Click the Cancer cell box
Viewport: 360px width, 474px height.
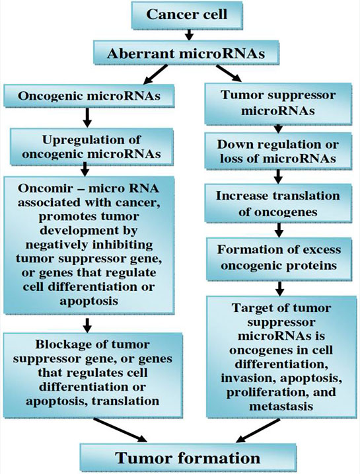point(187,15)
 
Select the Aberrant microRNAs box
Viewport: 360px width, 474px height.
point(186,53)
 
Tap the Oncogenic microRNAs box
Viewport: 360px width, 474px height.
point(89,95)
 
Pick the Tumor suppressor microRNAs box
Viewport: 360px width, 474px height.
point(278,103)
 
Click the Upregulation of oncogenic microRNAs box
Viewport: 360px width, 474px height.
point(92,146)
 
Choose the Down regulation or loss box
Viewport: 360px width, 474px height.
point(278,151)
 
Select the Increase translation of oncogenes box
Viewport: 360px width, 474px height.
point(278,204)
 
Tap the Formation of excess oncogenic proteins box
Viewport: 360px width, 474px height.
point(279,259)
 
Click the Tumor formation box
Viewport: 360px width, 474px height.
point(188,457)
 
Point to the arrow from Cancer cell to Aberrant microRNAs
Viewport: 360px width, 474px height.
point(189,34)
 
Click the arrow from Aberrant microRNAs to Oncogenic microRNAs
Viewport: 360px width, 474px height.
point(155,74)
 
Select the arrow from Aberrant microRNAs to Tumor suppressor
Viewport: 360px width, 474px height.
point(229,73)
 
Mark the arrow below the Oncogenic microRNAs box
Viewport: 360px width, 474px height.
point(87,117)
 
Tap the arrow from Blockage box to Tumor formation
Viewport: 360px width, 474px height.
point(120,430)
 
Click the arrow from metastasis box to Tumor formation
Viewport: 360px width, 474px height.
point(259,430)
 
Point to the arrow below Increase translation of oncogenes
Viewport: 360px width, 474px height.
point(279,230)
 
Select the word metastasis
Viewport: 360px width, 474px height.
point(281,406)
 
